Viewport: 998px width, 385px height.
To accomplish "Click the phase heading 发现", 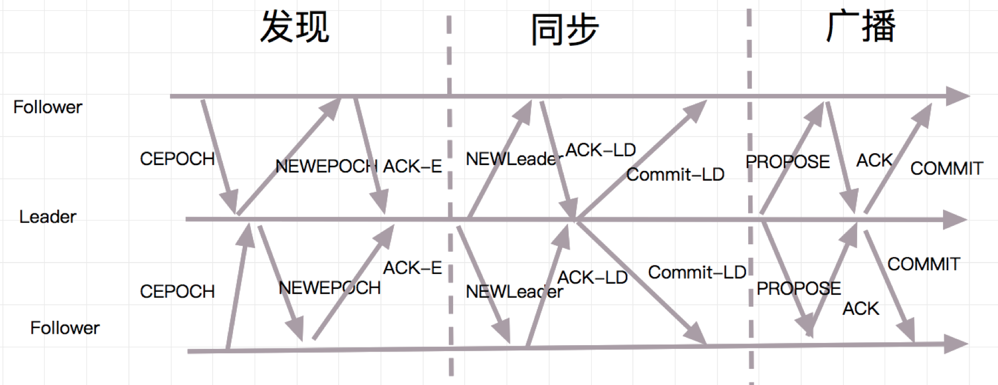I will [295, 27].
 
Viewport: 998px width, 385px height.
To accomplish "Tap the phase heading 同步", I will [564, 30].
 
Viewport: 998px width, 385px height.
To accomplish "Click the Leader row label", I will [47, 217].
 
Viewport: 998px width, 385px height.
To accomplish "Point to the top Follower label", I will [47, 107].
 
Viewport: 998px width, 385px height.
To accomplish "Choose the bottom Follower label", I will [65, 328].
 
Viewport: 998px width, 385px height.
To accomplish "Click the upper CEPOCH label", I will [177, 159].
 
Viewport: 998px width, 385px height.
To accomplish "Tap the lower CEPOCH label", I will [177, 292].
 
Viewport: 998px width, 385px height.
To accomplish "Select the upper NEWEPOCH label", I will [325, 166].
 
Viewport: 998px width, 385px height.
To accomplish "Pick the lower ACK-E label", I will [412, 268].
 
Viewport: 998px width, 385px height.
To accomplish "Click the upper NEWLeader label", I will [510, 159].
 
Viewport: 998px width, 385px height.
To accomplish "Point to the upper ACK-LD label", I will [600, 150].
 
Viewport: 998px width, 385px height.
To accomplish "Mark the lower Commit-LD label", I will [696, 272].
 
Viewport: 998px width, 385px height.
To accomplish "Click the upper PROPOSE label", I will [787, 161].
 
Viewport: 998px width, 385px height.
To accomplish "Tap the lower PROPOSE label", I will [798, 288].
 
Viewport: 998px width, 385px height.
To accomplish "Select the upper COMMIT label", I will [946, 168].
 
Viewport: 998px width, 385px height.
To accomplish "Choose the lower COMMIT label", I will [924, 264].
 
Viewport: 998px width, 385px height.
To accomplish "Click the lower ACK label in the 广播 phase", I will [860, 308].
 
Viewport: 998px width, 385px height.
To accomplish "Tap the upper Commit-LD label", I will [675, 174].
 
